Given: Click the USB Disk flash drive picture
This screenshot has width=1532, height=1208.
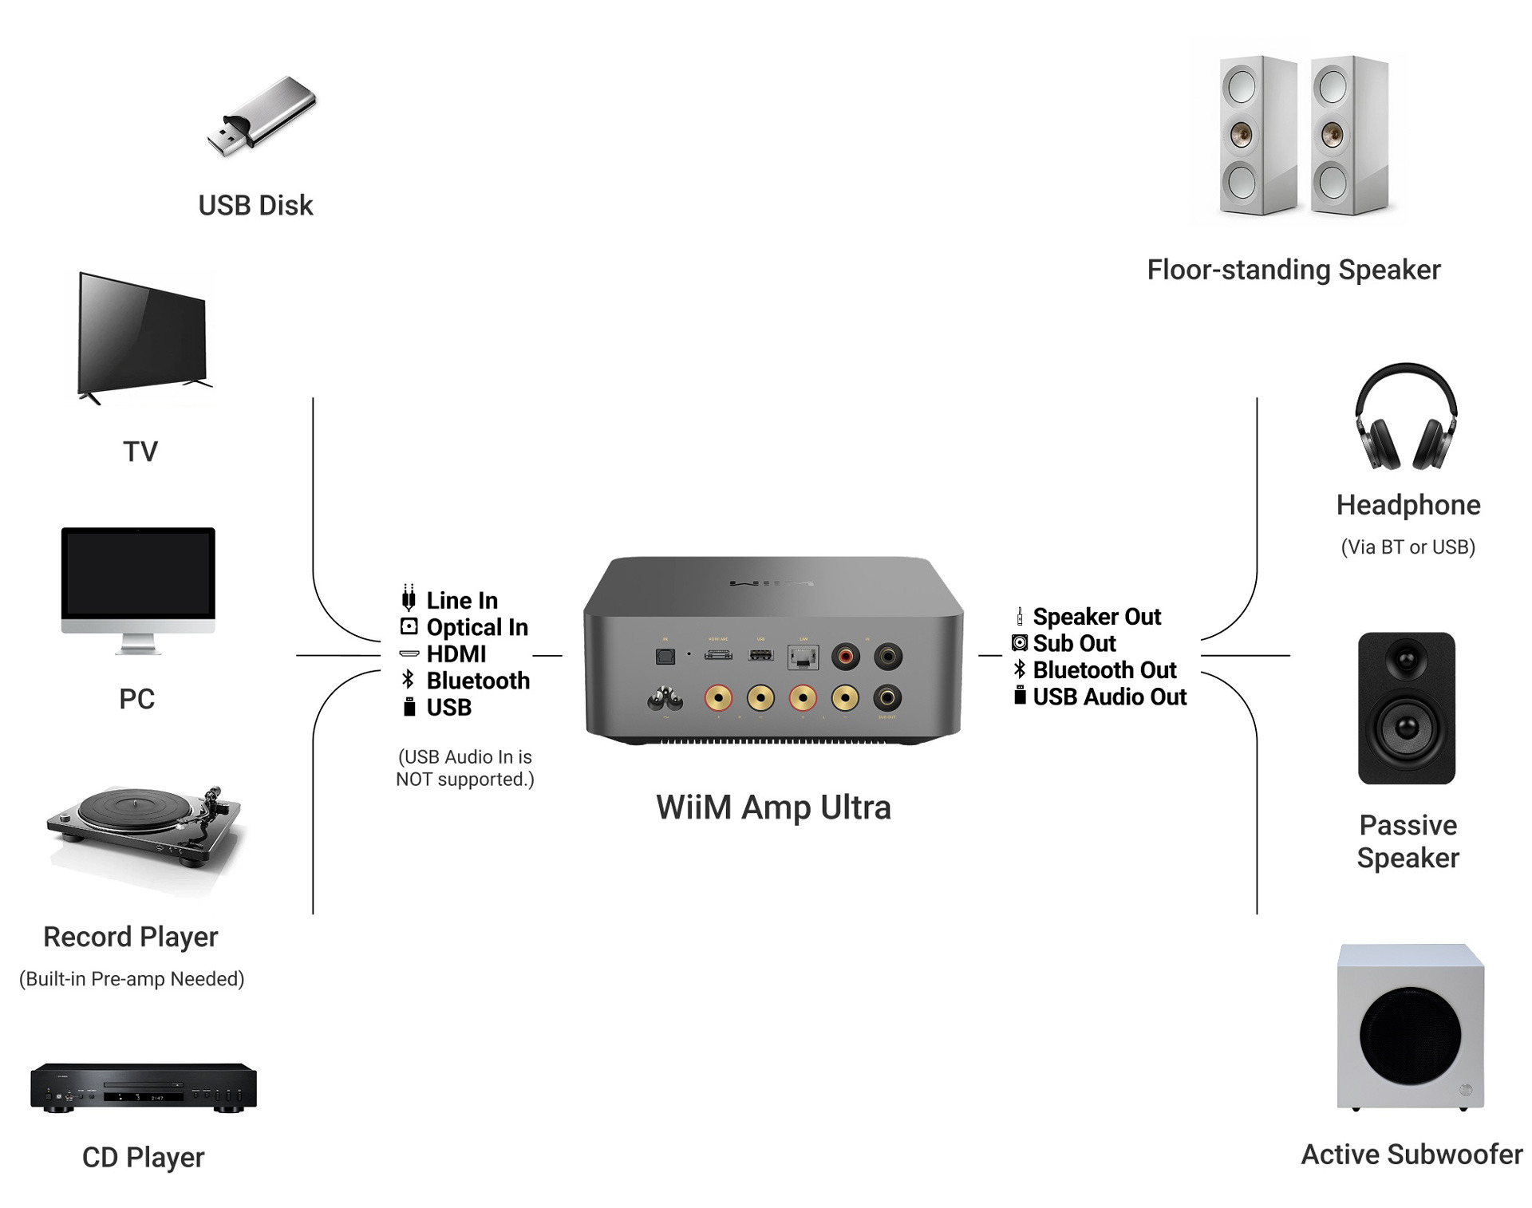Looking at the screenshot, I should (x=262, y=116).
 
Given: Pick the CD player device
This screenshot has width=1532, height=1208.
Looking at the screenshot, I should (x=144, y=1087).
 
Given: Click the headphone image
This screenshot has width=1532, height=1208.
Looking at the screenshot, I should (x=1406, y=416).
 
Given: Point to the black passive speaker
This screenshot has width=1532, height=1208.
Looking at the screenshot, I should (x=1406, y=709).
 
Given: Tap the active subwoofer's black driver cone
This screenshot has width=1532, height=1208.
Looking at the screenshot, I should (x=1410, y=1036).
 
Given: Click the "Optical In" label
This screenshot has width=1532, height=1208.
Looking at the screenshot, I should (x=477, y=627).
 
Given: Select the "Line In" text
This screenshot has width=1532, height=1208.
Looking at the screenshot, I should (x=462, y=600).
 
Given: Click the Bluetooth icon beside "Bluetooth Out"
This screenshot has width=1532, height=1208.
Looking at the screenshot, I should (x=1019, y=669).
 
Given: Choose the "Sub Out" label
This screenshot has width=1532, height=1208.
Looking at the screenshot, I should (x=1074, y=643).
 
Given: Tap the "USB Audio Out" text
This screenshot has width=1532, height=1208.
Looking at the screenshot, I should (x=1109, y=697).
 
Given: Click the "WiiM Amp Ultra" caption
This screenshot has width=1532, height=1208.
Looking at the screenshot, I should (x=772, y=807).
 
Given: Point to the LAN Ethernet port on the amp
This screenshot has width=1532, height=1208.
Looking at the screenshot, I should (x=803, y=657).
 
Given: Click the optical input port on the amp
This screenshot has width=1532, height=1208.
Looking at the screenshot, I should (x=665, y=657).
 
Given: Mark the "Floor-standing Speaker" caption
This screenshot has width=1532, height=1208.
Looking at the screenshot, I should (x=1293, y=270).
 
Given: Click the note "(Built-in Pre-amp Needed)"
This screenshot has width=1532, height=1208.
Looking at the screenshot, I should (x=132, y=979).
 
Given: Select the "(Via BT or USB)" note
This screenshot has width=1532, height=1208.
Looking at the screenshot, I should (x=1408, y=547).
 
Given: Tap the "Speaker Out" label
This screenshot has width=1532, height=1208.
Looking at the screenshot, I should (x=1096, y=617).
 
